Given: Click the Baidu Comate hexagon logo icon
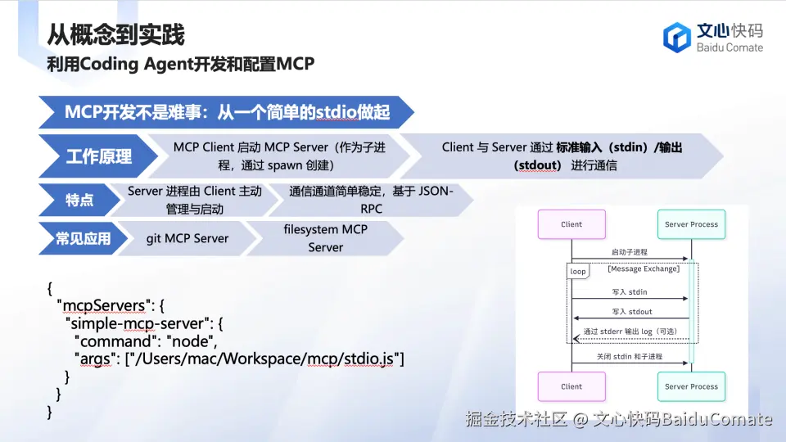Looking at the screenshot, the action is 677,38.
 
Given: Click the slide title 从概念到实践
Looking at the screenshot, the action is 115,34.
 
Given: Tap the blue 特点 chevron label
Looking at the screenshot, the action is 79,200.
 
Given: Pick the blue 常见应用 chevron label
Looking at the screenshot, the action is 83,238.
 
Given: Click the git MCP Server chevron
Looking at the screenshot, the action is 187,238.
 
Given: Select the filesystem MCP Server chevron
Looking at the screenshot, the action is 325,238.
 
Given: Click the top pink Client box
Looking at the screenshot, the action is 571,224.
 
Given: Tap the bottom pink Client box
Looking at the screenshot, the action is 571,386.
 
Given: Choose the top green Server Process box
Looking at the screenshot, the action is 691,224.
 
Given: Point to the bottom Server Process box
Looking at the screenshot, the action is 691,386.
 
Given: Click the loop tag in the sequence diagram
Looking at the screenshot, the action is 578,271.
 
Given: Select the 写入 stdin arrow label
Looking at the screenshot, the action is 630,291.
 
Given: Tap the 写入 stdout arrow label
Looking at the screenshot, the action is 632,312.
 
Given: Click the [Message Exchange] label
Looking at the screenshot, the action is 644,268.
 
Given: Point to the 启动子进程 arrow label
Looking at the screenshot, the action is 630,252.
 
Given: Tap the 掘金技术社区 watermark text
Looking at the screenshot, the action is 517,419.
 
